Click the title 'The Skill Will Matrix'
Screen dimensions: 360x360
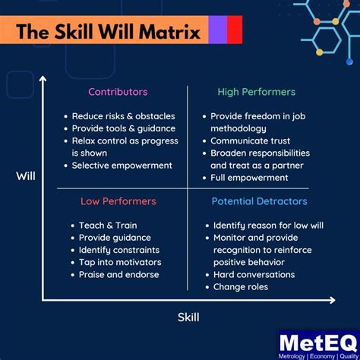point(108,33)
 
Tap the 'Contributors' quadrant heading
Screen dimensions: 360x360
point(118,92)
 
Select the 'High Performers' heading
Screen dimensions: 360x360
point(256,92)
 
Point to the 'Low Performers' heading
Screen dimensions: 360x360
point(118,201)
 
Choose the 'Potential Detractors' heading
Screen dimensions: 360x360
point(259,201)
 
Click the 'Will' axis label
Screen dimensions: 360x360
point(26,176)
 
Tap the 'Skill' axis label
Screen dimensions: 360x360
point(188,317)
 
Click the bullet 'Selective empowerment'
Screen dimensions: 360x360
point(122,165)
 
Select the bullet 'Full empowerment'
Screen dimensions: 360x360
point(249,178)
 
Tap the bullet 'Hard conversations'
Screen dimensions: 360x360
point(254,274)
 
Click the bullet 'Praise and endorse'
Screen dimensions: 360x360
point(118,274)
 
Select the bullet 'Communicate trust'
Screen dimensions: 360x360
point(251,141)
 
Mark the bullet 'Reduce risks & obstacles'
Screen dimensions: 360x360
point(123,116)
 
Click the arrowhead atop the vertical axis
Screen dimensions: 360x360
point(43,78)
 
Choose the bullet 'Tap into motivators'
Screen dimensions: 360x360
point(120,262)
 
